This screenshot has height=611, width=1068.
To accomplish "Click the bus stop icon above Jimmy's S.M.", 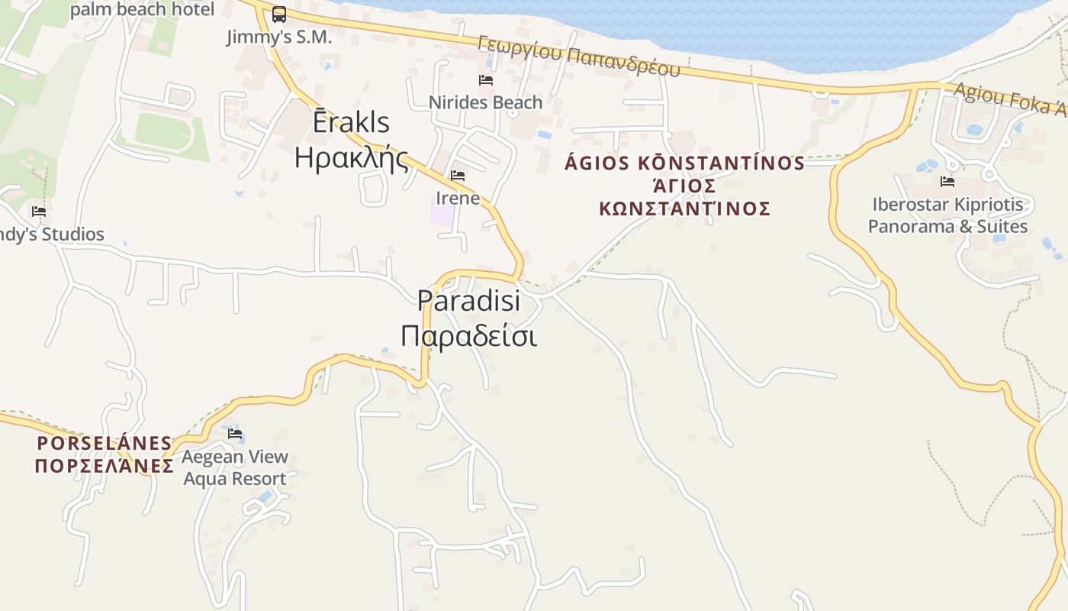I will [x=279, y=15].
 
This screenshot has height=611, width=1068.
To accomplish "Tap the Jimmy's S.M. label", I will [x=279, y=37].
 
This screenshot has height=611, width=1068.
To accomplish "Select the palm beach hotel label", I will [x=142, y=9].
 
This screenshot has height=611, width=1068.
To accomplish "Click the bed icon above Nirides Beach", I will [x=485, y=80].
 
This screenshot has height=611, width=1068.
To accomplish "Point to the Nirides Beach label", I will [x=485, y=102].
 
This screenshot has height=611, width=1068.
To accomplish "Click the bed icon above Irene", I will [x=458, y=176].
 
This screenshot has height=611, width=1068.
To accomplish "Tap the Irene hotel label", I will [x=458, y=199].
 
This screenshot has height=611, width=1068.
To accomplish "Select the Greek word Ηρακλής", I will [x=352, y=157].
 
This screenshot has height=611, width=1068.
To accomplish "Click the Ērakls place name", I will [x=352, y=122].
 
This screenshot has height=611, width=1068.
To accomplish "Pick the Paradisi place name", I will [x=468, y=300].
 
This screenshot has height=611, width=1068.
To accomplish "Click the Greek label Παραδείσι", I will [x=468, y=335].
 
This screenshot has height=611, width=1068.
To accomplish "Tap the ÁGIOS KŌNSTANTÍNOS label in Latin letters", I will [x=684, y=163].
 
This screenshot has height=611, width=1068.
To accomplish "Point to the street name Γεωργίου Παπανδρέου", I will [x=579, y=56].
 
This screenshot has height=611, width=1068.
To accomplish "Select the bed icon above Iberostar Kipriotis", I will [x=947, y=182].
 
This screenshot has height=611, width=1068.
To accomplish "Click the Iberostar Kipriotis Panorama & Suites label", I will [x=947, y=215].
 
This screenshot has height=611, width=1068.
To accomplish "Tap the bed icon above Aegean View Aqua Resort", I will [x=235, y=434].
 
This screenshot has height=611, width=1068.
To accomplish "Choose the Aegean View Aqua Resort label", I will [x=235, y=467].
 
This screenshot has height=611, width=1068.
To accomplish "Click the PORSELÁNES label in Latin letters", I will [x=105, y=443].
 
